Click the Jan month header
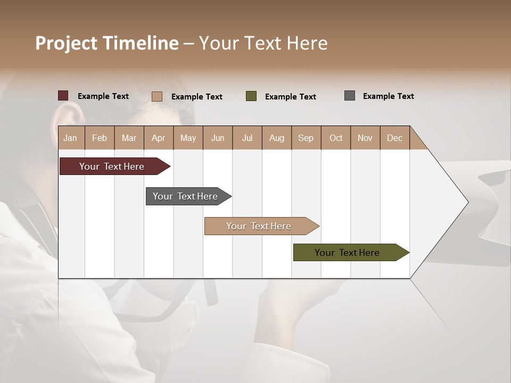70,138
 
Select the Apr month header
158,138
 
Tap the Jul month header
247,138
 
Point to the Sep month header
306,138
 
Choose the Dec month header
394,138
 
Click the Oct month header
336,138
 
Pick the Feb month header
100,138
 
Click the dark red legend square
63,96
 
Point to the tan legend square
157,96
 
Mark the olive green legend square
251,96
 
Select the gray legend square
350,96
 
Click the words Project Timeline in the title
107,43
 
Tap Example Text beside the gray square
388,96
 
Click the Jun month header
218,138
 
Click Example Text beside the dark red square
103,96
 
